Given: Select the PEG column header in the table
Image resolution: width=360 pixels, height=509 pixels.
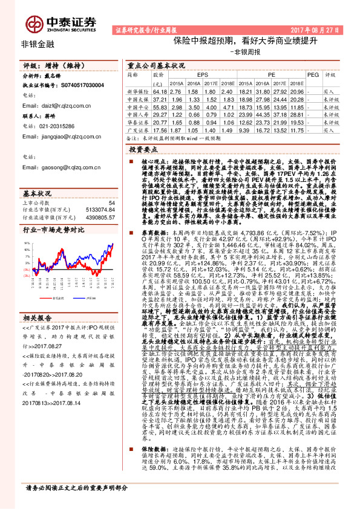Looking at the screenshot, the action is (312, 75).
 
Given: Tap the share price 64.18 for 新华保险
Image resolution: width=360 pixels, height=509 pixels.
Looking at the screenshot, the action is (159, 90).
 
